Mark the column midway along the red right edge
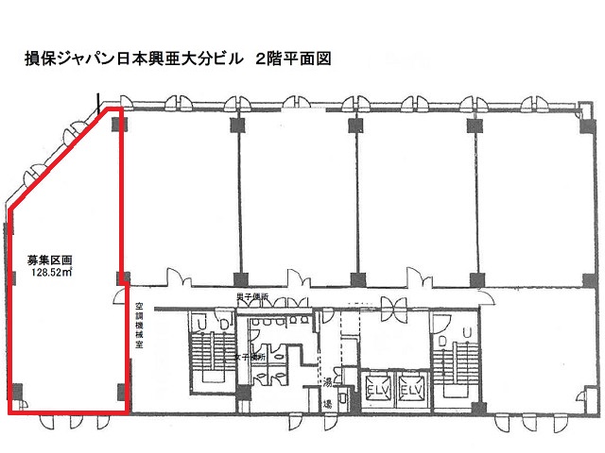click(121, 278)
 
